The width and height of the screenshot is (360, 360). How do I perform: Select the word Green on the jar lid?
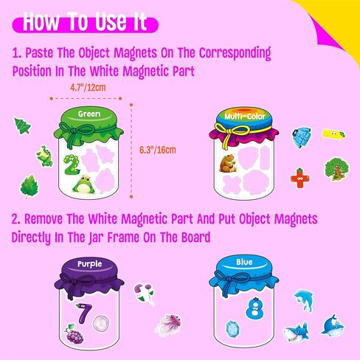89,114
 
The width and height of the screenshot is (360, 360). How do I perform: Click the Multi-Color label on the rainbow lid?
246,116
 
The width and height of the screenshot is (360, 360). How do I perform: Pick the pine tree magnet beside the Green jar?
22,126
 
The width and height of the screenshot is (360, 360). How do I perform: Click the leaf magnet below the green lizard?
29,184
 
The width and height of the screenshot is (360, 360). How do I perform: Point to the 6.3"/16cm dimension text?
158,150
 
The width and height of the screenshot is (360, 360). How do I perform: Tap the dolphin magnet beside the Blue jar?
303,299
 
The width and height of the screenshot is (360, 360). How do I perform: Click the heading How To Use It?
83,22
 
